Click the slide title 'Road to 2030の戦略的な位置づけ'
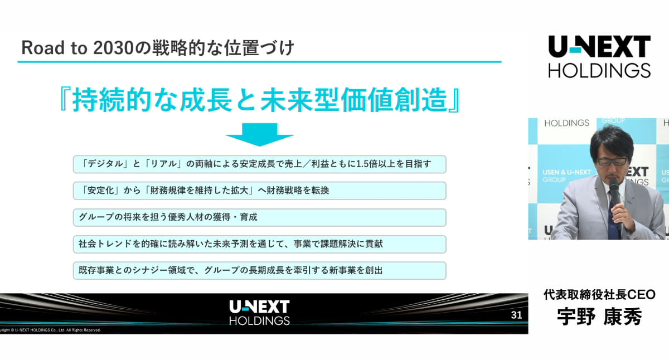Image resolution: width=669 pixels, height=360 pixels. [x=158, y=48]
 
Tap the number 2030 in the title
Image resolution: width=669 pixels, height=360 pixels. [x=113, y=48]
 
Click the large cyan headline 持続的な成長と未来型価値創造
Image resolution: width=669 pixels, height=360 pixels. [x=259, y=100]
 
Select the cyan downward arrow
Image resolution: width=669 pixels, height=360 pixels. [x=260, y=135]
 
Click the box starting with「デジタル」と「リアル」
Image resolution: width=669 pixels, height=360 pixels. [x=260, y=164]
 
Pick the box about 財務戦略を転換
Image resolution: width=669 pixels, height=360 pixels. [x=260, y=191]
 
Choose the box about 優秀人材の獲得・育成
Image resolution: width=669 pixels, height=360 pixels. [x=260, y=217]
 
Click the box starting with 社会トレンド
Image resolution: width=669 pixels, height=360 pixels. [x=260, y=244]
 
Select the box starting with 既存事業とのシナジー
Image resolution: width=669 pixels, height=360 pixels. [x=260, y=271]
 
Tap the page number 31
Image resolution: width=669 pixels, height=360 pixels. [x=516, y=315]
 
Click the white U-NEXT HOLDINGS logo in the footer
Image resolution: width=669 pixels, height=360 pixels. [x=259, y=312]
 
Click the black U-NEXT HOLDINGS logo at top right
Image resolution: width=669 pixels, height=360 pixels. [x=599, y=57]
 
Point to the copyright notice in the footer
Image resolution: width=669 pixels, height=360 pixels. [x=50, y=330]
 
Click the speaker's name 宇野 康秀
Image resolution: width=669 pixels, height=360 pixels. [x=599, y=317]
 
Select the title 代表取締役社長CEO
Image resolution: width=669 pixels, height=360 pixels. [x=599, y=295]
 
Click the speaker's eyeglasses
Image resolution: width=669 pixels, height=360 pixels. [x=612, y=162]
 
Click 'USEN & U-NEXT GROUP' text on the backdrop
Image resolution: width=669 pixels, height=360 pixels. [x=566, y=176]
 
